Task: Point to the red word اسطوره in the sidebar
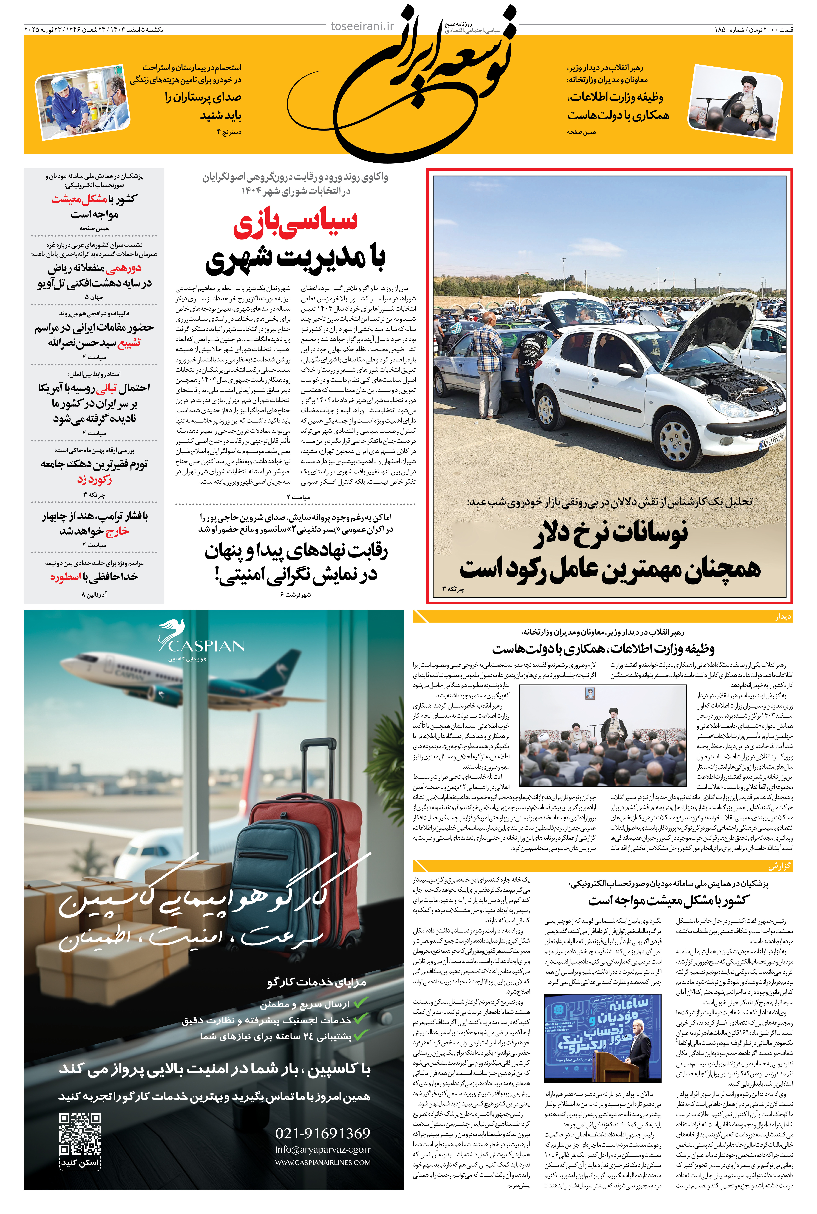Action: click(x=65, y=577)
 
